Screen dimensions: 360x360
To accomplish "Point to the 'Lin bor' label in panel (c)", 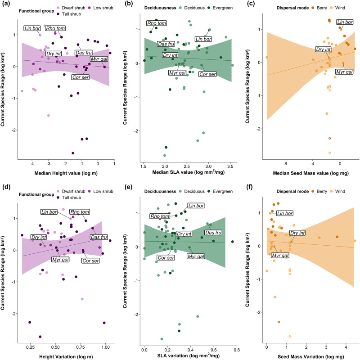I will coord(345,22).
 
